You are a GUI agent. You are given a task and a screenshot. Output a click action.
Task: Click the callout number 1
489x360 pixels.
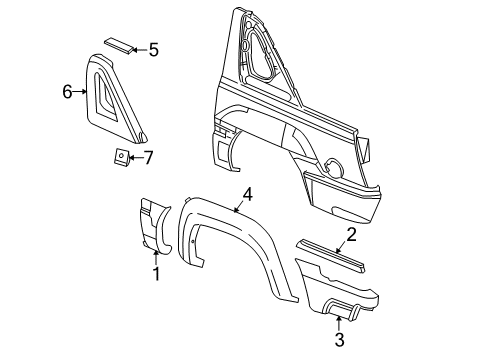coord(155,271)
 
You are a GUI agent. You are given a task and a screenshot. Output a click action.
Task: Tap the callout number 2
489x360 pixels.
coord(352,236)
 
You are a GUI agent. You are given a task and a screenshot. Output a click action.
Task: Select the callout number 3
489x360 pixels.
coord(339,341)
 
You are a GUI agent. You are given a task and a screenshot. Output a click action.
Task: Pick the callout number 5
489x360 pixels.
coord(153,48)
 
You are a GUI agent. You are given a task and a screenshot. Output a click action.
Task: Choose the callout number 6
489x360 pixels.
coord(67,92)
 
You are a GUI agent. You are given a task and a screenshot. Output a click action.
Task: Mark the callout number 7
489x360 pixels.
coord(147,156)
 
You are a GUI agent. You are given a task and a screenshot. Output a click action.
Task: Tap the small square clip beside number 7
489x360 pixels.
coord(119,157)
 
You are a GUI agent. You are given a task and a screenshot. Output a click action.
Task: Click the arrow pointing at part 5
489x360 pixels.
coord(137,48)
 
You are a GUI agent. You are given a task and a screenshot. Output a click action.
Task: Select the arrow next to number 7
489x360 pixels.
coord(134,156)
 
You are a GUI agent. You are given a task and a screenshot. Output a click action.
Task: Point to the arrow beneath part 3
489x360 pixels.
coord(339,322)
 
